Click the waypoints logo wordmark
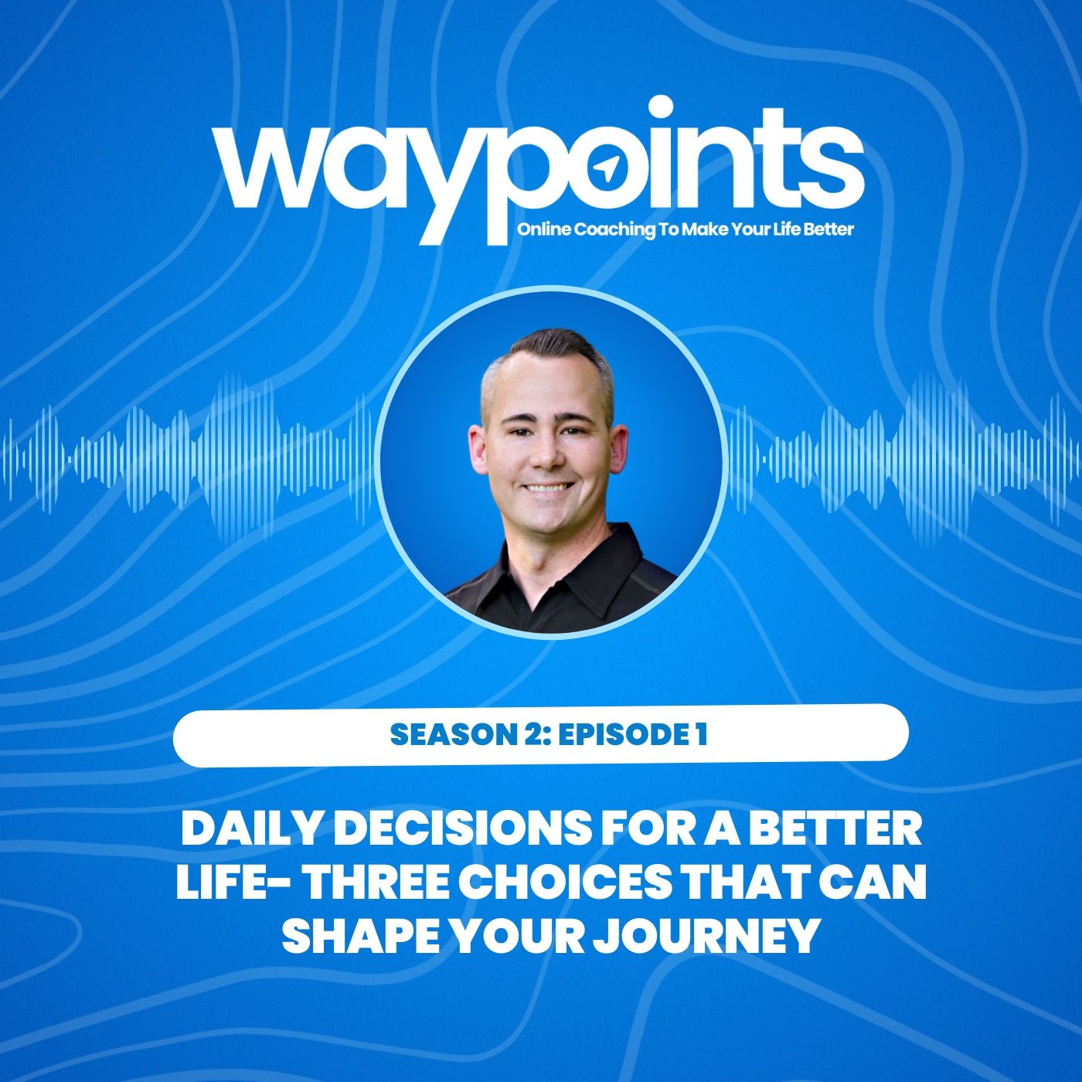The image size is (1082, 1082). (x=539, y=166)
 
